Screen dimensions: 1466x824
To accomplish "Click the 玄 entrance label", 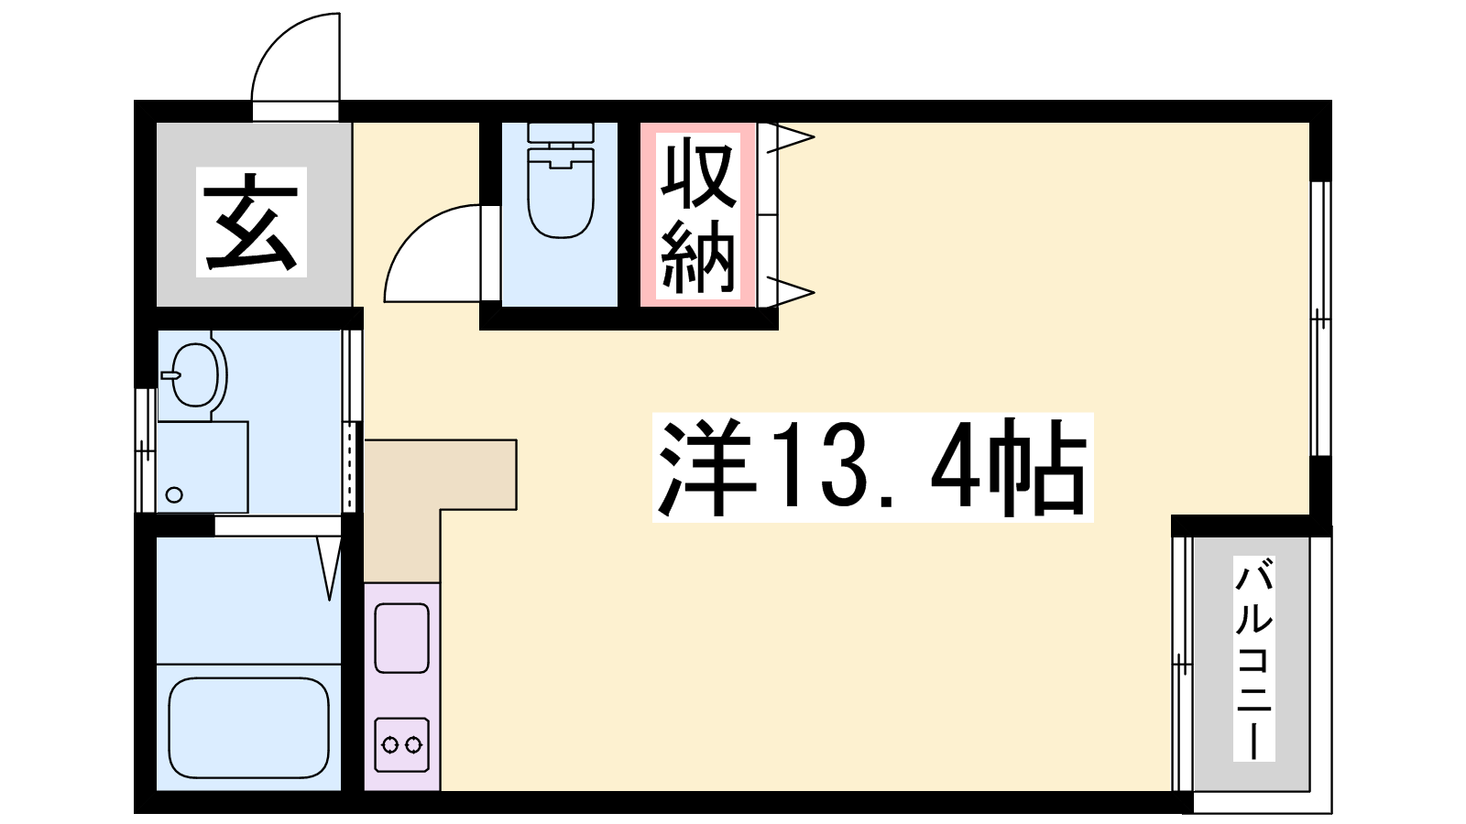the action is (251, 222).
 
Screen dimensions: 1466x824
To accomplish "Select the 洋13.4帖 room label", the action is (872, 467).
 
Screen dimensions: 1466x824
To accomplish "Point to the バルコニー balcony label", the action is (1253, 658).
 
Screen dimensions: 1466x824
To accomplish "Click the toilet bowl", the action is (561, 193).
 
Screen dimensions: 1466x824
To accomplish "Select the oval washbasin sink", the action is (194, 375).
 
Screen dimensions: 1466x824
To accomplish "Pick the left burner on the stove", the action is (390, 744).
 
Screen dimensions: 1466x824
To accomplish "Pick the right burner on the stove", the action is (413, 744).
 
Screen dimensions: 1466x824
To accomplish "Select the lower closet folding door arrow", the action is (791, 291).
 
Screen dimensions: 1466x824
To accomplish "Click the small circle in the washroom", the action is (174, 495).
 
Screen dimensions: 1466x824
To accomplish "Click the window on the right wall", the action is (1321, 318).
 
